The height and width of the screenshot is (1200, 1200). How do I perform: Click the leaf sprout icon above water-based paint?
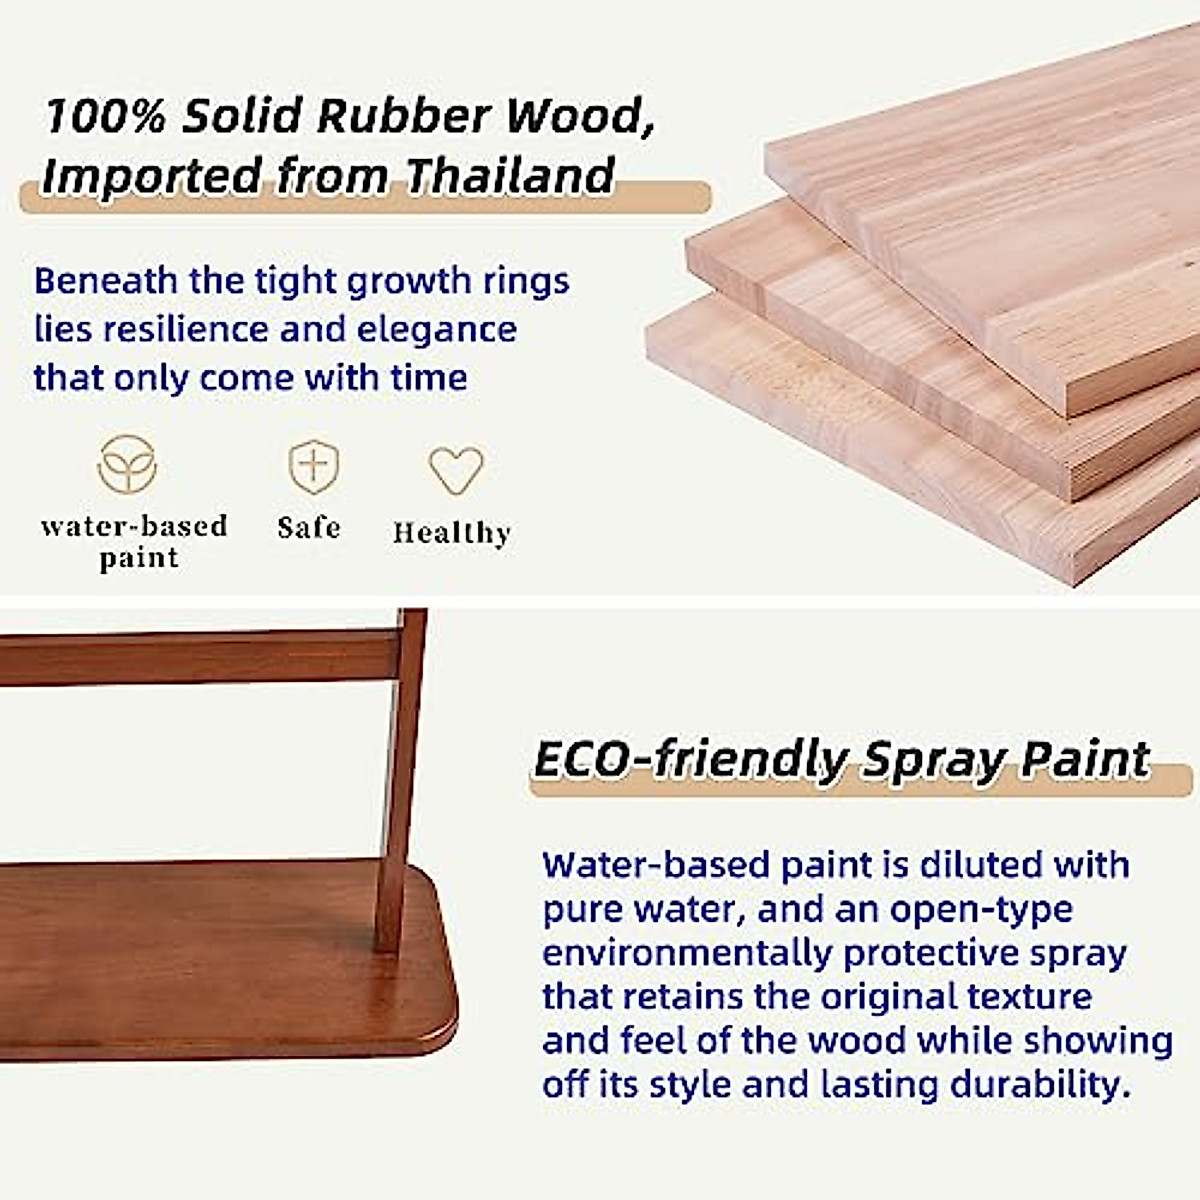tap(127, 465)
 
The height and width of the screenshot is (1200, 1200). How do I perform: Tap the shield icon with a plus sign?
tap(313, 466)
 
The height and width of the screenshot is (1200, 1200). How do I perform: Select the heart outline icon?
tap(456, 470)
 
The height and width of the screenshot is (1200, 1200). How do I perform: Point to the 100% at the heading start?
tap(105, 116)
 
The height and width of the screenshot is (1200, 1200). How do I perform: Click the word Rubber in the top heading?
tap(405, 116)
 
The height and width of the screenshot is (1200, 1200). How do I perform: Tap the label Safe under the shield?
tap(309, 527)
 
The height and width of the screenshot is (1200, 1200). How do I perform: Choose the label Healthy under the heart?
tap(452, 533)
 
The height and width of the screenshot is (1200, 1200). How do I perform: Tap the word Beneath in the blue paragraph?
tap(105, 281)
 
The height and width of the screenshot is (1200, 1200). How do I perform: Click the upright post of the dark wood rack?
tap(401, 778)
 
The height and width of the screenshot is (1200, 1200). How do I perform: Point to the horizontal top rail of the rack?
tap(199, 658)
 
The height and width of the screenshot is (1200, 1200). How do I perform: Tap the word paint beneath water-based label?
tap(139, 558)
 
